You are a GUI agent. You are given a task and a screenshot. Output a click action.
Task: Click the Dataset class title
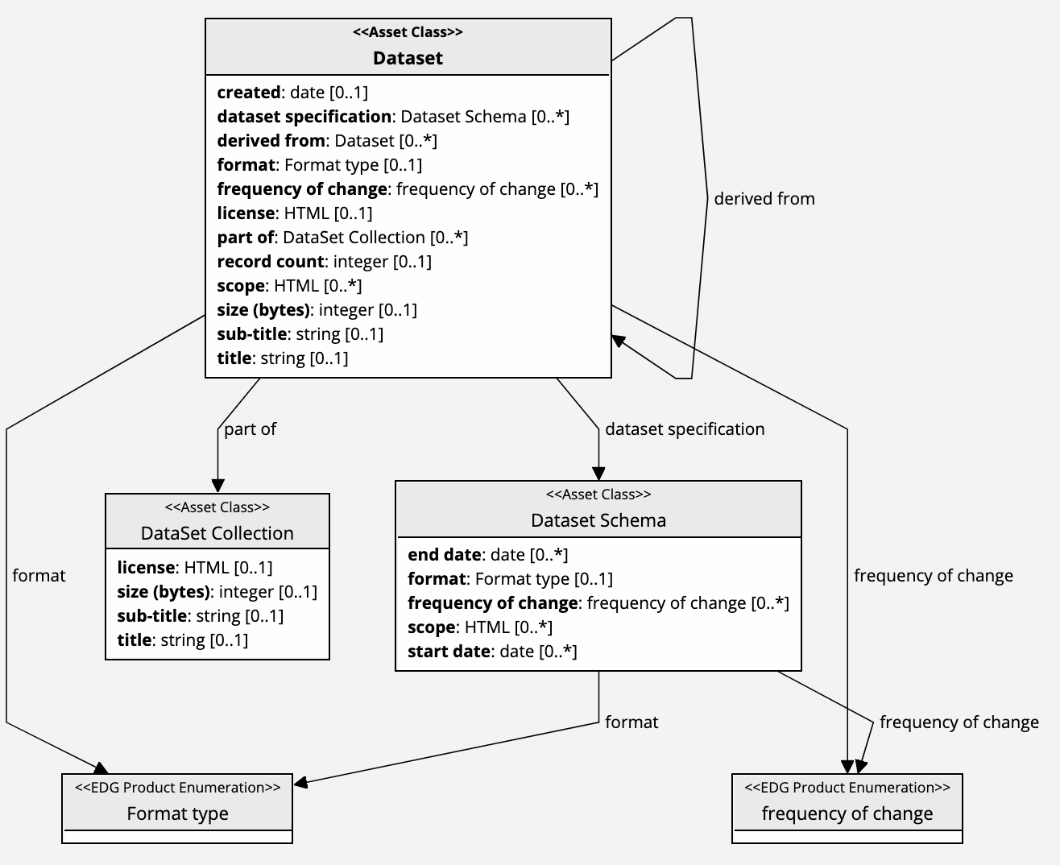pyautogui.click(x=408, y=58)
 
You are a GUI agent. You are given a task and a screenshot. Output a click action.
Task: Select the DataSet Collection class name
pyautogui.click(x=217, y=533)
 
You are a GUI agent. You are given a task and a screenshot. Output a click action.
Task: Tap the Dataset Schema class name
pyautogui.click(x=598, y=520)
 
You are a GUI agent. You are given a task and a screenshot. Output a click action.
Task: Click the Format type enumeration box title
pyautogui.click(x=177, y=813)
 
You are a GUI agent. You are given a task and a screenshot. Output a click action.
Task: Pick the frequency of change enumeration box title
pyautogui.click(x=847, y=813)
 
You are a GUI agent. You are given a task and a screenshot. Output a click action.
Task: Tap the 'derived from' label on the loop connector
pyautogui.click(x=764, y=199)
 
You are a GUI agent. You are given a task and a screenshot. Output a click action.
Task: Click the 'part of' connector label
pyautogui.click(x=250, y=429)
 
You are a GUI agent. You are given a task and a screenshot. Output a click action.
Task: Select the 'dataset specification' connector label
pyautogui.click(x=685, y=429)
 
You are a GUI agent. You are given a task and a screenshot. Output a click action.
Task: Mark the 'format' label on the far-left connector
pyautogui.click(x=39, y=576)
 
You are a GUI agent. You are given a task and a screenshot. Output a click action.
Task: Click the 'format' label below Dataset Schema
pyautogui.click(x=631, y=722)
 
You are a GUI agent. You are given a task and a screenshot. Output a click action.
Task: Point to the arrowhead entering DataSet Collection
pyautogui.click(x=217, y=486)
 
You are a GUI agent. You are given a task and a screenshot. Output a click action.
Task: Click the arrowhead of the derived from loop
pyautogui.click(x=619, y=341)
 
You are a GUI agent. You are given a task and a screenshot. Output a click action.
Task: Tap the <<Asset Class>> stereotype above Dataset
pyautogui.click(x=408, y=33)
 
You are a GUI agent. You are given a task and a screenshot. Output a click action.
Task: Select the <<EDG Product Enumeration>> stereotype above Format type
pyautogui.click(x=177, y=788)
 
